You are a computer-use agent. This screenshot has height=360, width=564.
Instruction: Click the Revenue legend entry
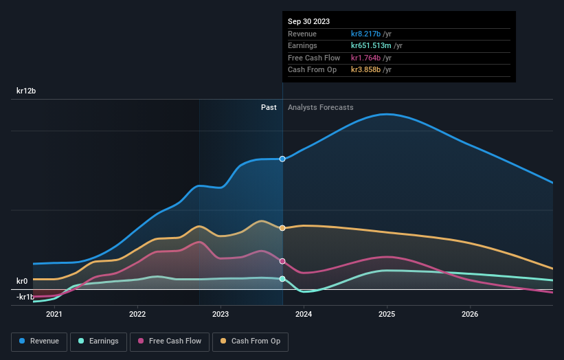(x=39, y=341)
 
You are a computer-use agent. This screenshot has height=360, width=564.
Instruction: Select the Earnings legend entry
(x=98, y=341)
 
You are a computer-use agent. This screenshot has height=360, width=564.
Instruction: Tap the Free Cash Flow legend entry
(x=170, y=341)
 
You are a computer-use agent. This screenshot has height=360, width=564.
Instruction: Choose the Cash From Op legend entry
(x=250, y=341)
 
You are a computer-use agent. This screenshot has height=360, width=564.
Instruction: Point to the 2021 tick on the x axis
(x=54, y=314)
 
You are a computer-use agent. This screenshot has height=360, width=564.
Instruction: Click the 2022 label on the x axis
(x=137, y=314)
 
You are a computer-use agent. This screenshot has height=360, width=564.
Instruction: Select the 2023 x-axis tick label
(x=221, y=314)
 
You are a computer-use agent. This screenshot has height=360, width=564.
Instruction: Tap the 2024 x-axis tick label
(x=304, y=314)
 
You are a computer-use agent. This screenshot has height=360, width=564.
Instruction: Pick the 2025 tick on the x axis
(x=387, y=314)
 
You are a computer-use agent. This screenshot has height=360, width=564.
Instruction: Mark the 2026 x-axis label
(x=470, y=314)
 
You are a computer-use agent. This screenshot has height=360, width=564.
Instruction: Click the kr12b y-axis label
(x=27, y=91)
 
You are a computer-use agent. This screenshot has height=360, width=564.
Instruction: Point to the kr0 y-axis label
(x=22, y=281)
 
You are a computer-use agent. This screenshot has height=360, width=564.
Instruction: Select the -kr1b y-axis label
(x=25, y=297)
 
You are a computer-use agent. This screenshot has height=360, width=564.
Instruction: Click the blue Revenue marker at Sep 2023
(x=282, y=159)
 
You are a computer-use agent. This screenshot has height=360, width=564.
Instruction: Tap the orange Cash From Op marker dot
(x=282, y=228)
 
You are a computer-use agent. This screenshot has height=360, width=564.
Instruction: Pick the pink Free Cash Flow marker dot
(x=282, y=261)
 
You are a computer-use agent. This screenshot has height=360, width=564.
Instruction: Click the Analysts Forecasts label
(x=320, y=107)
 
